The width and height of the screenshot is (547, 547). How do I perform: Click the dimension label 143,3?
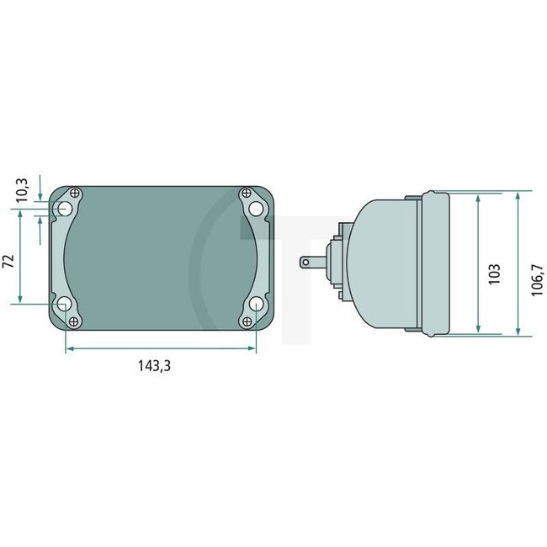(159, 366)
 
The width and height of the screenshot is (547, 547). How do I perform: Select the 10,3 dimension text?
(23, 189)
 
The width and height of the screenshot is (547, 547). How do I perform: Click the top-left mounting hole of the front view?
(64, 208)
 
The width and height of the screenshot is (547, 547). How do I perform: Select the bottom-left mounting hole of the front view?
(64, 304)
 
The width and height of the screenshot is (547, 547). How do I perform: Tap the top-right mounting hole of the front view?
(254, 208)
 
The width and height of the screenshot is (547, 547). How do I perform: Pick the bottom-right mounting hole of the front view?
(254, 304)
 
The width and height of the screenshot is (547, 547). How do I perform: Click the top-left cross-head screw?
(76, 193)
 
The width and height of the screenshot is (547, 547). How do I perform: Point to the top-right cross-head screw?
(245, 193)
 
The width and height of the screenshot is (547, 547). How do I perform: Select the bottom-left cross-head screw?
(76, 320)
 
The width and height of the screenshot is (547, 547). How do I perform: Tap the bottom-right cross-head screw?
(245, 320)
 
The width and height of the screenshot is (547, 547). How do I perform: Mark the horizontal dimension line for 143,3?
(159, 347)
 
